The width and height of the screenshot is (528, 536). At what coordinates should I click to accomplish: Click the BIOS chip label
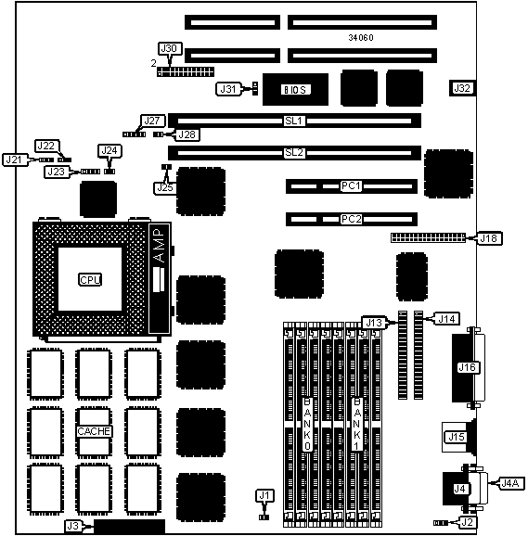tap(295, 90)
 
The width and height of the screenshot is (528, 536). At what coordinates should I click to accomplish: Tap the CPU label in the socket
tap(90, 280)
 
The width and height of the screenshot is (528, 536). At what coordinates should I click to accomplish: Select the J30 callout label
tap(170, 48)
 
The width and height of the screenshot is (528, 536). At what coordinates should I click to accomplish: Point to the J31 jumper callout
tap(228, 89)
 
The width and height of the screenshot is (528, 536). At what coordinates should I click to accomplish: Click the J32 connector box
tap(462, 88)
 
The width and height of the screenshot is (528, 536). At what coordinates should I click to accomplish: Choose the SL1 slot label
tap(294, 121)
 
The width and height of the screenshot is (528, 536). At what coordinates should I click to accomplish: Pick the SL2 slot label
tap(294, 152)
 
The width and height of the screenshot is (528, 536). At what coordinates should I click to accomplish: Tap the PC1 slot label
tap(351, 185)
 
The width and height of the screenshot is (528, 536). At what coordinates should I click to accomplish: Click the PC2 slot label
tap(351, 219)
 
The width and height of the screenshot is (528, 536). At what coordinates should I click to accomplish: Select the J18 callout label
tap(489, 238)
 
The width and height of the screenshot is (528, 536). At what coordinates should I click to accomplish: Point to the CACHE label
tap(94, 431)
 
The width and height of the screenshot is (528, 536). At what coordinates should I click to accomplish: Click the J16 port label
tap(467, 367)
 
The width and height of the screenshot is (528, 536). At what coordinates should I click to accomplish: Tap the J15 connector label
tap(457, 437)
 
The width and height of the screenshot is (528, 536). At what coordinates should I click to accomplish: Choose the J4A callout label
tap(510, 483)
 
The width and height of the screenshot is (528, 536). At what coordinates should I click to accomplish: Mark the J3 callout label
tap(73, 526)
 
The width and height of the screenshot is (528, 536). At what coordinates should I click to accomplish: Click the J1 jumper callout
tap(264, 495)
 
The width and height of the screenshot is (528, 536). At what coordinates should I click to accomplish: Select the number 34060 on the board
tap(361, 38)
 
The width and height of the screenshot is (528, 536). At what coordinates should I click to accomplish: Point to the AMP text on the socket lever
tap(159, 246)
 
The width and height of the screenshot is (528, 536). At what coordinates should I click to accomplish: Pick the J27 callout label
tap(153, 121)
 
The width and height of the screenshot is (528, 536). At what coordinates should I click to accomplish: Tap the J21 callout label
tap(14, 160)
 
